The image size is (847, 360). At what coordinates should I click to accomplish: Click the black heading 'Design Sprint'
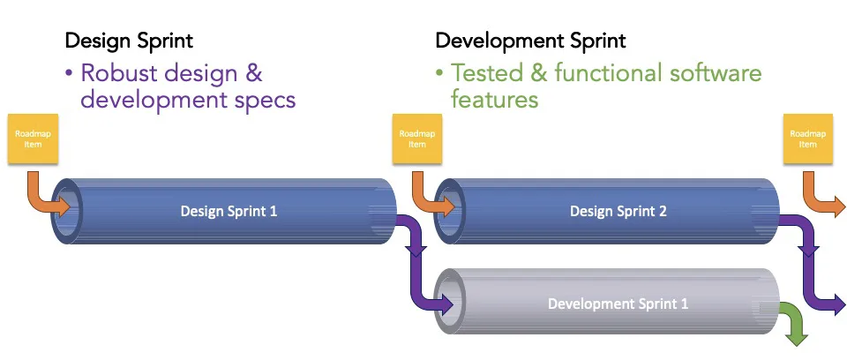(x=129, y=41)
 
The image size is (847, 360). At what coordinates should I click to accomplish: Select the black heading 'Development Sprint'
(x=530, y=41)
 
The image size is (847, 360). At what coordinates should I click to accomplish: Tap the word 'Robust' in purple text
(x=121, y=73)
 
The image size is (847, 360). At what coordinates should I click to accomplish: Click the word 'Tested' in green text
(x=487, y=73)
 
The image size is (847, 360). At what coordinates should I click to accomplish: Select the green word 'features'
(x=494, y=99)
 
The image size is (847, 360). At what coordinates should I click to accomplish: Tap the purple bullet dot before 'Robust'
(x=69, y=73)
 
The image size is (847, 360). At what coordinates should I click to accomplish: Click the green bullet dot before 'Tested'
(x=439, y=73)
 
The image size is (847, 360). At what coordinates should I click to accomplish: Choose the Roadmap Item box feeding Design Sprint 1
(x=33, y=139)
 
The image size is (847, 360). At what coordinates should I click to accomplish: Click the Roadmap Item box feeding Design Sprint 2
(x=417, y=139)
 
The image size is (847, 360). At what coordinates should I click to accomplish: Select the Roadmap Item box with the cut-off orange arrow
(x=807, y=139)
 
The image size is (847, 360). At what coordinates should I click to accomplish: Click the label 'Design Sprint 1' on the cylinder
(x=229, y=211)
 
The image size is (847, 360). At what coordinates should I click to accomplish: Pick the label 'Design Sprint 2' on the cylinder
(x=618, y=211)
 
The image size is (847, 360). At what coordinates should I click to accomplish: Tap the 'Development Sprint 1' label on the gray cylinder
(x=618, y=304)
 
